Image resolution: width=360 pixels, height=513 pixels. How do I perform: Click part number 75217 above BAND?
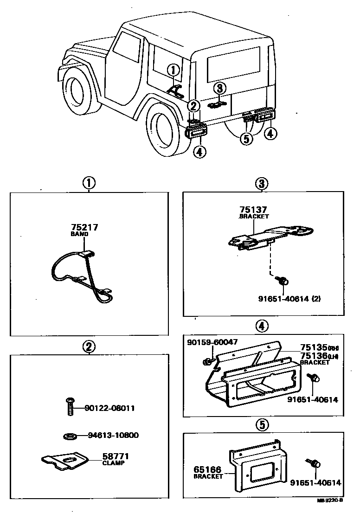point(84,228)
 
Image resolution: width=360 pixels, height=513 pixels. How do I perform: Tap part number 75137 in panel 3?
point(254,210)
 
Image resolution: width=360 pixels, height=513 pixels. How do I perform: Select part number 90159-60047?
point(212,342)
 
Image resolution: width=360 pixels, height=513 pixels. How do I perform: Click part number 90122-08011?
point(110,409)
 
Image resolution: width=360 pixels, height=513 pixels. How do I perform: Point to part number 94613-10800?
point(113,436)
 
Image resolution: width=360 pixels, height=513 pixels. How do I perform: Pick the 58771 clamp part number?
point(113,456)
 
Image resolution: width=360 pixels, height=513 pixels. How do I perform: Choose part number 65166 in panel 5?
point(208,469)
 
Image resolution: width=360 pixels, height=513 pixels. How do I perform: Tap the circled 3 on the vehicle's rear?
point(220,88)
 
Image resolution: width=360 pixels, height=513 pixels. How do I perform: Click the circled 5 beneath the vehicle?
point(246,138)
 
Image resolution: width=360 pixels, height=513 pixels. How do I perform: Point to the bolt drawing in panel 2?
point(70,407)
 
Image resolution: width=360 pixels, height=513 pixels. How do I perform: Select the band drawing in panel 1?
point(84,274)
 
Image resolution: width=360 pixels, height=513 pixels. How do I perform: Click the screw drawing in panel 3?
point(283,280)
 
